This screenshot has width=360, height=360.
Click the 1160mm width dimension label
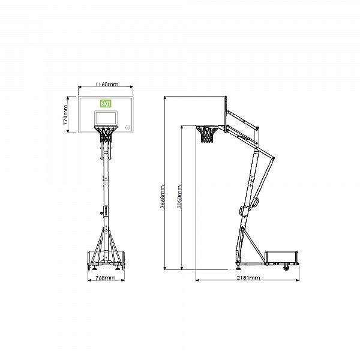[x=107, y=84]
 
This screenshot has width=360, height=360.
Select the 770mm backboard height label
[x=65, y=115]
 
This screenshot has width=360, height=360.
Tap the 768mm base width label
[x=106, y=278]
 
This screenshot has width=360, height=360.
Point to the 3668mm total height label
[x=163, y=197]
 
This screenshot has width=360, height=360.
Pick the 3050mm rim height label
[x=179, y=197]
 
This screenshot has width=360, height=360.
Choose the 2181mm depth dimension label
[x=248, y=278]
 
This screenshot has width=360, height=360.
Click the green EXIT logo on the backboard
[x=106, y=104]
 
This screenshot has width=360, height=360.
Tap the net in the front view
[x=106, y=134]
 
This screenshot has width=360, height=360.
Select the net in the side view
[x=208, y=134]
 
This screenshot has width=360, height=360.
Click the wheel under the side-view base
[x=286, y=268]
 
